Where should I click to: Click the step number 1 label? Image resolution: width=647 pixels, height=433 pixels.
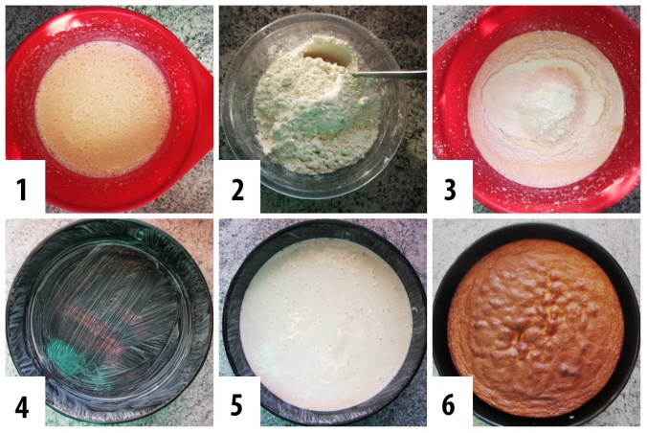(x=22, y=190)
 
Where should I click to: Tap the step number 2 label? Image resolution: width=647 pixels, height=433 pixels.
(x=237, y=190)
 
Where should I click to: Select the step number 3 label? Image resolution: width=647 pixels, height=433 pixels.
(x=450, y=190)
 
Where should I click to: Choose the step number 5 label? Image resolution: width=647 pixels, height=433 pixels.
(x=236, y=405)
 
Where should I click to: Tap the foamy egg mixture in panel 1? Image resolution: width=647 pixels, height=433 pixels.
(x=103, y=108)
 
